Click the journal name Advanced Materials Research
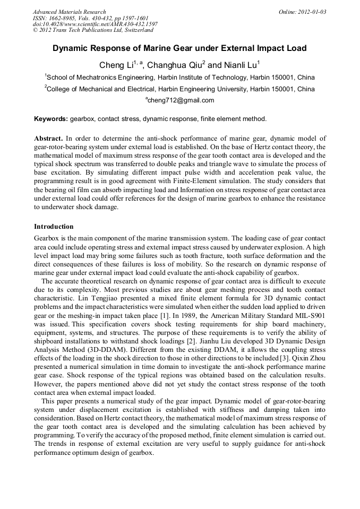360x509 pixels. point(69,12)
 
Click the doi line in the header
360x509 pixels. point(95,24)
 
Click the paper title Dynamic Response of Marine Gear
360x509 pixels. point(179,48)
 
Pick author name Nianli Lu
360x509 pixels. point(239,66)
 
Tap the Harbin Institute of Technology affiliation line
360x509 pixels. point(179,77)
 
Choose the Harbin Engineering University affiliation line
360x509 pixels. point(179,89)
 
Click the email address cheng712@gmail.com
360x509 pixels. point(181,100)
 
